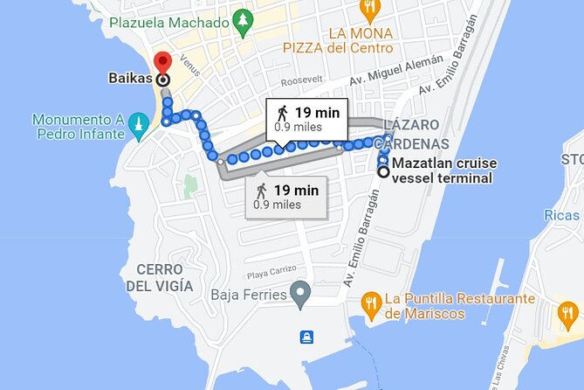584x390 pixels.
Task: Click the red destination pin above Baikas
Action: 161,62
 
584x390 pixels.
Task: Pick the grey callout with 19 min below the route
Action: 286,196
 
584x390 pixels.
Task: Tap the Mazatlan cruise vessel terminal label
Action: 442,171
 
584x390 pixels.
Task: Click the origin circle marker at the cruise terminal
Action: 382,171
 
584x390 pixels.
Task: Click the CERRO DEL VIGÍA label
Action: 162,278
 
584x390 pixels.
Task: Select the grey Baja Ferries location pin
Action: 300,295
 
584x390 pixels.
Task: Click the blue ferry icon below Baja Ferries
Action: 306,337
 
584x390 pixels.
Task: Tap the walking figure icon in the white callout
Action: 281,112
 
